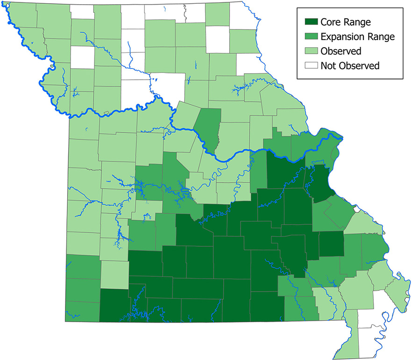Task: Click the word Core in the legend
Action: click(332, 22)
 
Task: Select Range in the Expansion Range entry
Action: click(383, 36)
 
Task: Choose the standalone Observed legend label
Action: click(341, 50)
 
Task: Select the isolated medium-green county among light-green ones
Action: click(208, 126)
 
